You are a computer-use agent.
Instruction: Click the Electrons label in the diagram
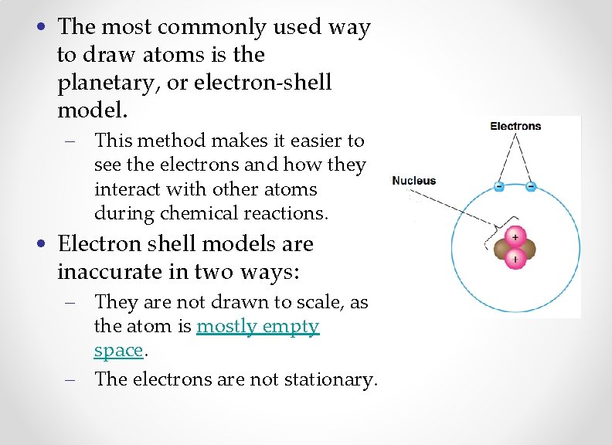coord(515,126)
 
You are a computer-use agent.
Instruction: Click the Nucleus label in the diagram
coord(413,181)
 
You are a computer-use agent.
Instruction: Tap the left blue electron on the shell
coord(499,186)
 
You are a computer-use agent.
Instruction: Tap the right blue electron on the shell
coord(531,186)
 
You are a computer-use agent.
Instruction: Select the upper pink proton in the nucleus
coord(515,236)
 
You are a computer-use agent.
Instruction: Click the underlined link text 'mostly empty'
coord(257,326)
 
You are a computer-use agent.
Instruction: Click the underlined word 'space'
coord(118,350)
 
